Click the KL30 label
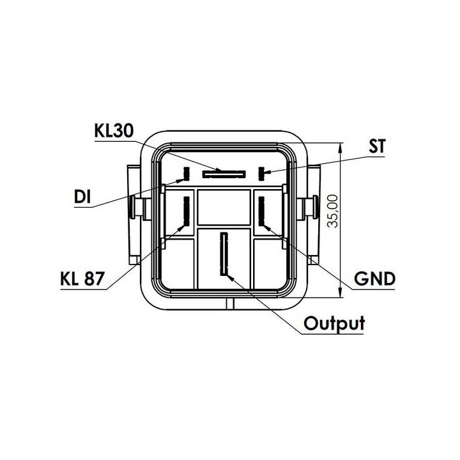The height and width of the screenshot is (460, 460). point(114,131)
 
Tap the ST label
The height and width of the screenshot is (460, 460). point(377,146)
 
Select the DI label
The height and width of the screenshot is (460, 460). point(82,197)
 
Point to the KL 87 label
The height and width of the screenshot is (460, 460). point(82,279)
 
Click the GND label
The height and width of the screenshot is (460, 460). point(374,279)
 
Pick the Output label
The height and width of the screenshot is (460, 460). point(334,323)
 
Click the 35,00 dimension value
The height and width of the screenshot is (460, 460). point(333,211)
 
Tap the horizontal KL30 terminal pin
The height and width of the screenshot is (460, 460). point(224,174)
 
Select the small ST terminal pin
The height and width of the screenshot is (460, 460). point(261,174)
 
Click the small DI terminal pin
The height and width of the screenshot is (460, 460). point(187,174)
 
